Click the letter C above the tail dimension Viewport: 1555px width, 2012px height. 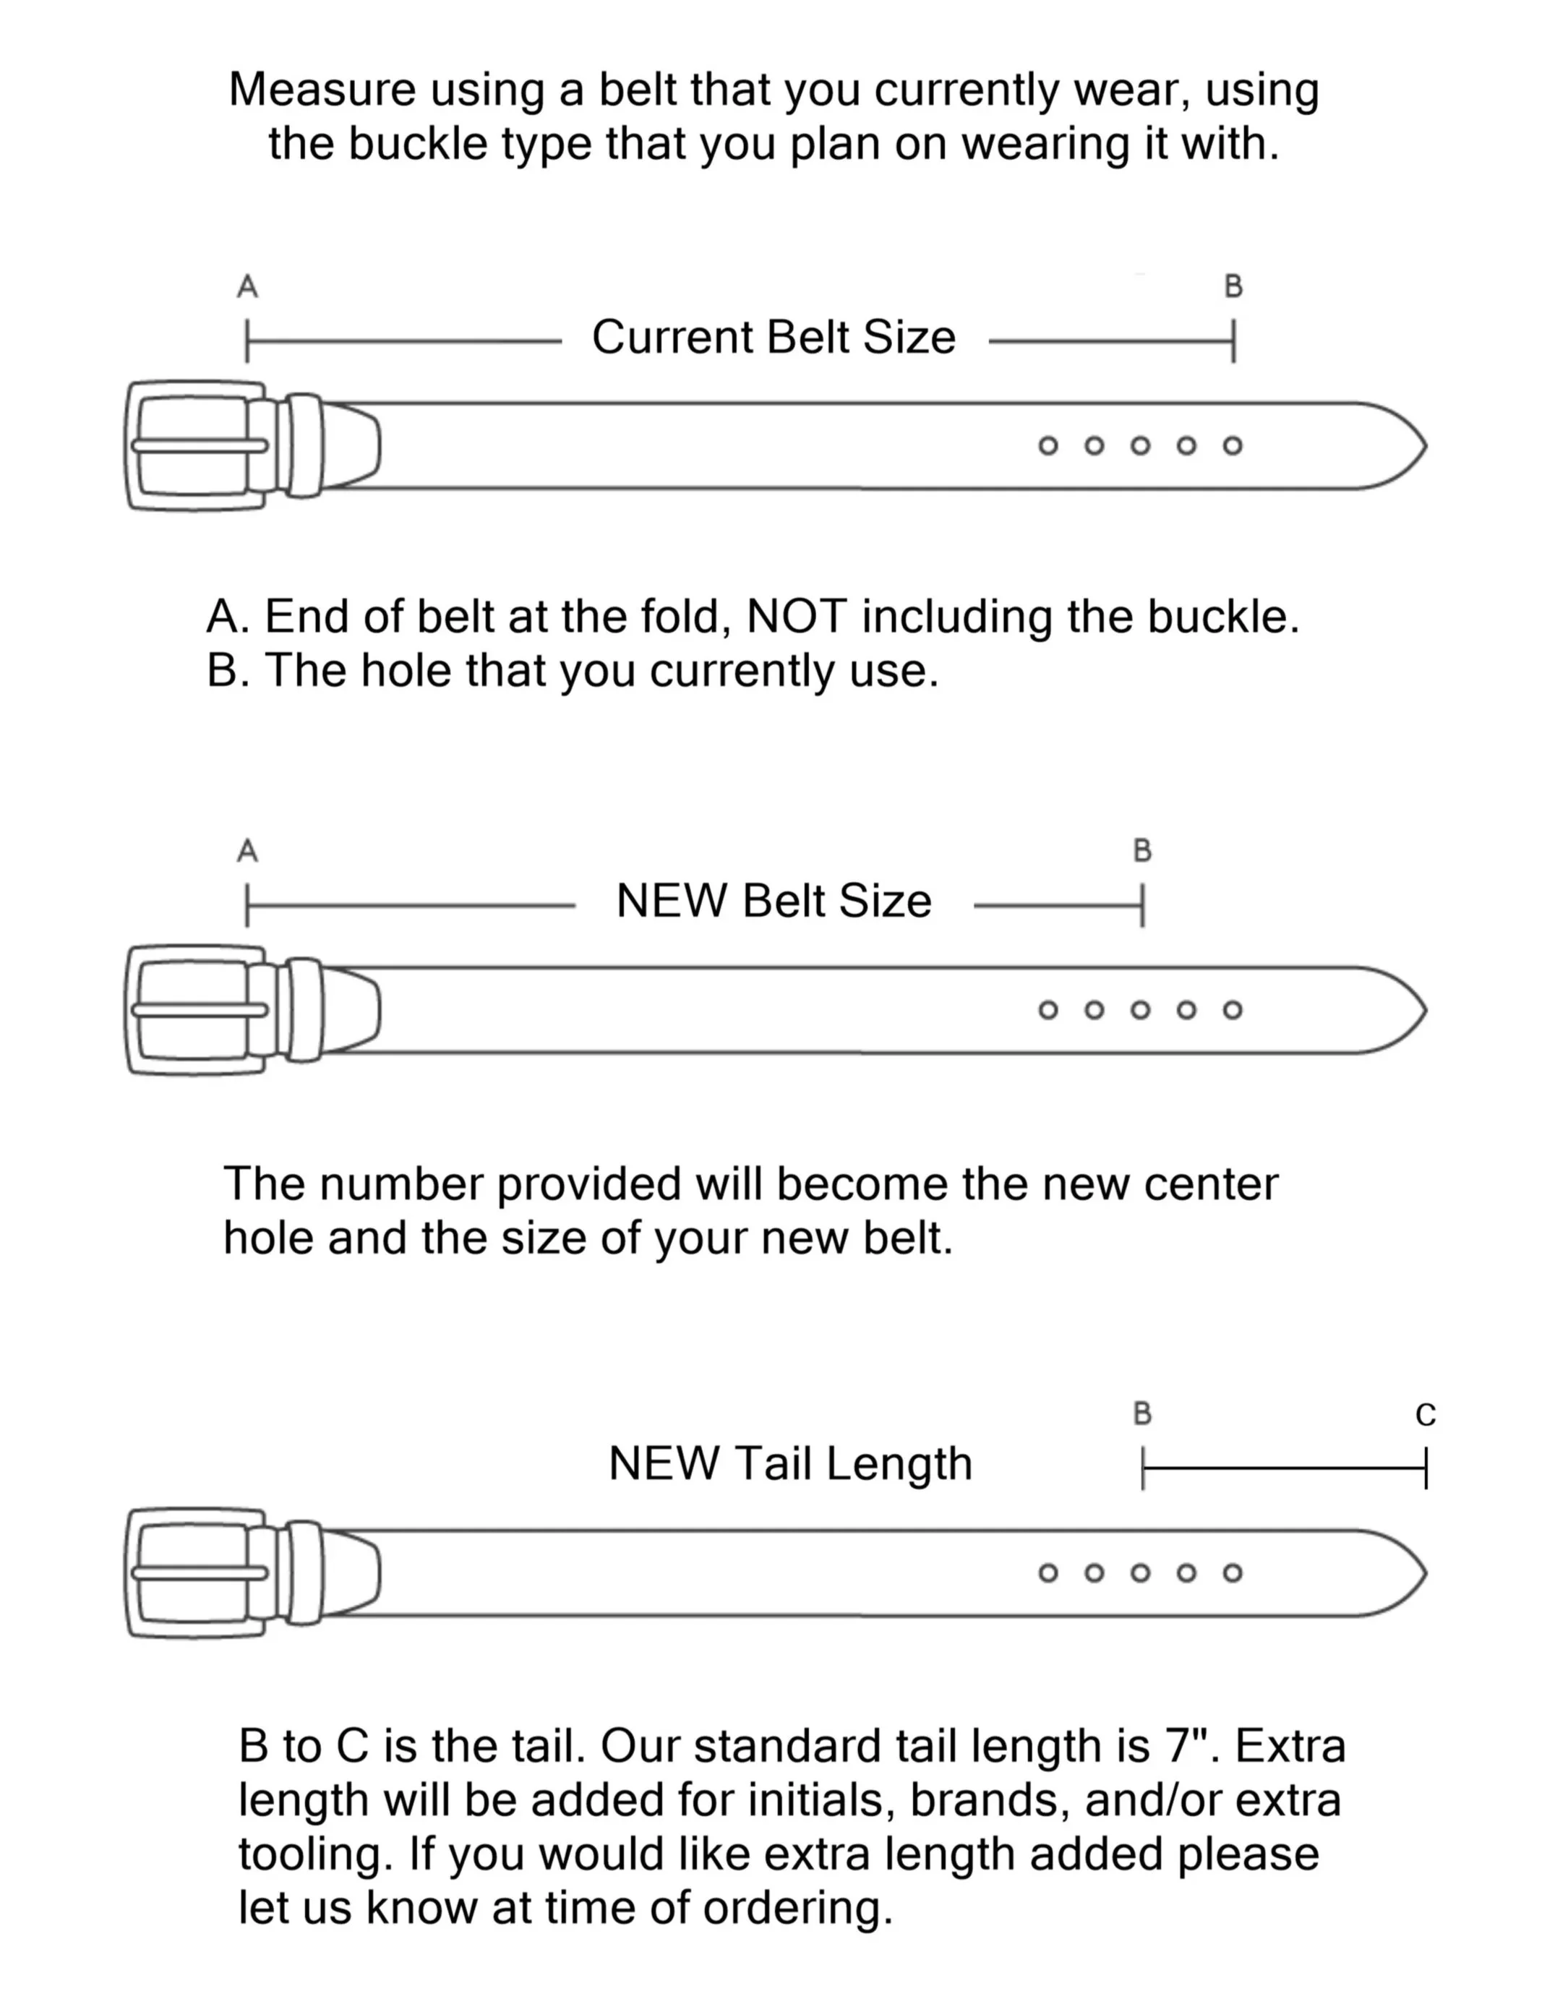pos(1425,1414)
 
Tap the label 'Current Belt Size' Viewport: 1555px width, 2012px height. pos(774,336)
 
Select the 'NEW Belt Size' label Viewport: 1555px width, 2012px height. pos(774,900)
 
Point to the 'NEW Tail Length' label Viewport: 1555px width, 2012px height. pos(790,1463)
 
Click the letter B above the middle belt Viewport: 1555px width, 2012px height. pos(1142,850)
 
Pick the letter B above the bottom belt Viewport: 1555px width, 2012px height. pos(1142,1413)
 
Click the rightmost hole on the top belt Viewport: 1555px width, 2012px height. pos(1233,446)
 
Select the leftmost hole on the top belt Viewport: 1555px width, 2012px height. pos(1048,446)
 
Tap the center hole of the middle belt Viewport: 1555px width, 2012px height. pos(1141,1010)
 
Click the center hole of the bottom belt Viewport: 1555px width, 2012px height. pos(1141,1572)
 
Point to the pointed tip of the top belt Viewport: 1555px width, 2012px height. pos(1426,446)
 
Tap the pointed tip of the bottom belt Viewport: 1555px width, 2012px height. pos(1426,1572)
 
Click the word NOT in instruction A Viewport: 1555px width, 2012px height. pos(797,616)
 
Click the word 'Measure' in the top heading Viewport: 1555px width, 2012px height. pos(322,90)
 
